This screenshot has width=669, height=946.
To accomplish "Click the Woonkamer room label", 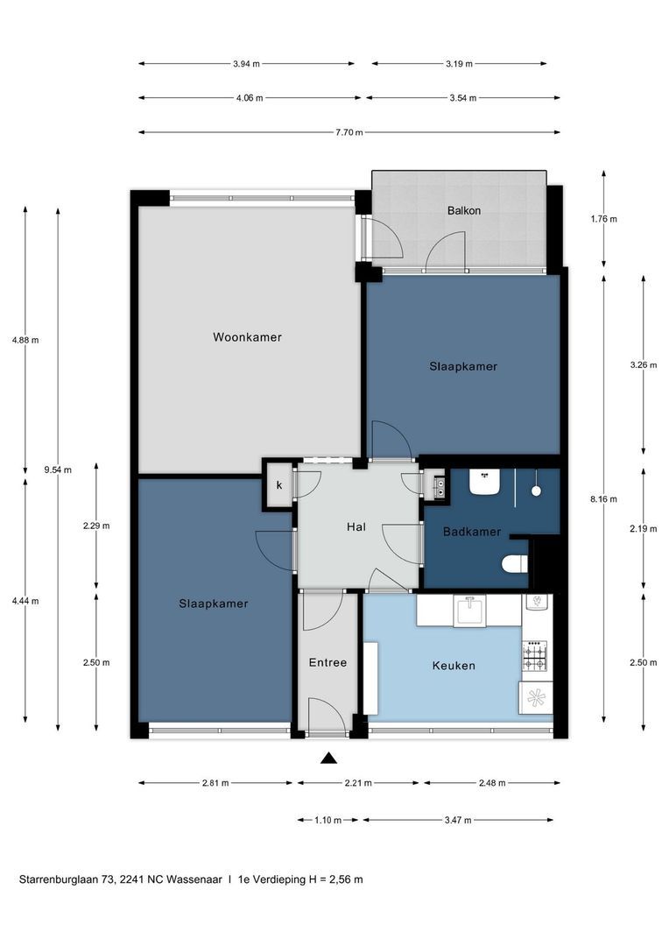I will pos(247,337).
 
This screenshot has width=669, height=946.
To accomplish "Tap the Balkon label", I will pos(464,211).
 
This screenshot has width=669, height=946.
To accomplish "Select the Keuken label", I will pos(454,666).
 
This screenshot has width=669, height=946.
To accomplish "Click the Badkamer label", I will pos(471,532).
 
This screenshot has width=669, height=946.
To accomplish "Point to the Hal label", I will pos(356,527).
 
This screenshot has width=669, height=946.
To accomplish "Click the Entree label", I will pos(327,663).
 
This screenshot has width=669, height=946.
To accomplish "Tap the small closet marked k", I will pos(279,485).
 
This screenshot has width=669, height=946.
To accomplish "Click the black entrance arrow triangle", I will pos(328,758).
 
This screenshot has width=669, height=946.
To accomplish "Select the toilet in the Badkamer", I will pos(515,565).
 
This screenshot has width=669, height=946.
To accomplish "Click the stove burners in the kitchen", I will pos(535,655).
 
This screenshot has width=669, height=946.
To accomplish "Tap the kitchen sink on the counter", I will pos(471,610).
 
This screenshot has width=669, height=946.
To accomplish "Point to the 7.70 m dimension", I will pos(348,132).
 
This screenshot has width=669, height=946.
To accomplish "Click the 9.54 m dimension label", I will pos(58,469).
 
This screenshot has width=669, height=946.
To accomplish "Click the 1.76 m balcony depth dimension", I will pos(603,219).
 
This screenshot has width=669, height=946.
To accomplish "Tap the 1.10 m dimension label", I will pos(328,820).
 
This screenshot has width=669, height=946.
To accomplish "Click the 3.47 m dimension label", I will pos(457,820).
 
